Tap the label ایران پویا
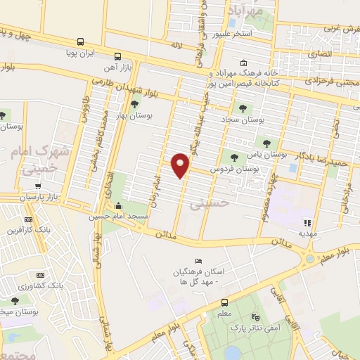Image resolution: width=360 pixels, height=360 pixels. click(80, 53)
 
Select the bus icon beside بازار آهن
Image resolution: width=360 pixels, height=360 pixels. click(117, 56)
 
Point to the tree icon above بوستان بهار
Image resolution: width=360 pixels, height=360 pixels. click(135, 104)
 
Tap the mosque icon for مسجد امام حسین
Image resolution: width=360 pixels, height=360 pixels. click(117, 207)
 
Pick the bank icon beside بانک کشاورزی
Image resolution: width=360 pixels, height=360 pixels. click(40, 276)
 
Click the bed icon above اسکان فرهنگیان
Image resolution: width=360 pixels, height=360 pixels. click(198, 262)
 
